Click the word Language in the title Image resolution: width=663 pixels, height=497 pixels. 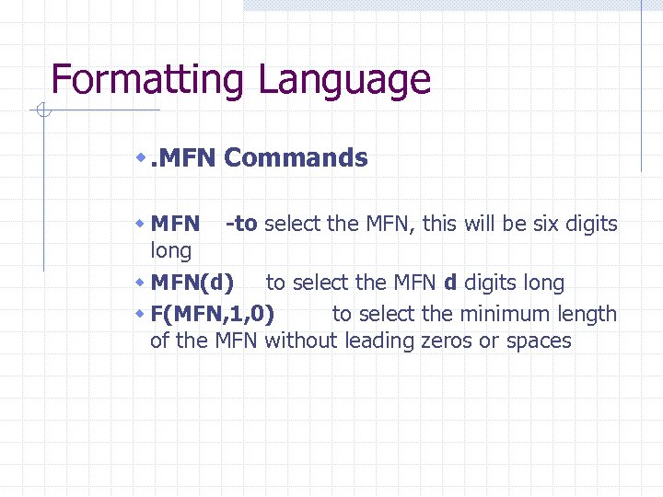344,80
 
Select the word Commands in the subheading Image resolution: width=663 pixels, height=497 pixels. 296,158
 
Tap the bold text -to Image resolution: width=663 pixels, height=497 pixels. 241,224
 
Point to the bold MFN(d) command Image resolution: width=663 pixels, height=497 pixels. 192,283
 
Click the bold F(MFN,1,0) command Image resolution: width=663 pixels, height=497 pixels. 212,314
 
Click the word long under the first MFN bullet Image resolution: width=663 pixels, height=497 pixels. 170,250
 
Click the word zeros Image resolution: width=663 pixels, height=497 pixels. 439,341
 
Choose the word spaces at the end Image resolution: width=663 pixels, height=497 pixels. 538,341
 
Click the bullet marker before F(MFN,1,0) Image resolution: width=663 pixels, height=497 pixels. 141,314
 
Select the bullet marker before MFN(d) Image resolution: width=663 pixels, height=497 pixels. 141,283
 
